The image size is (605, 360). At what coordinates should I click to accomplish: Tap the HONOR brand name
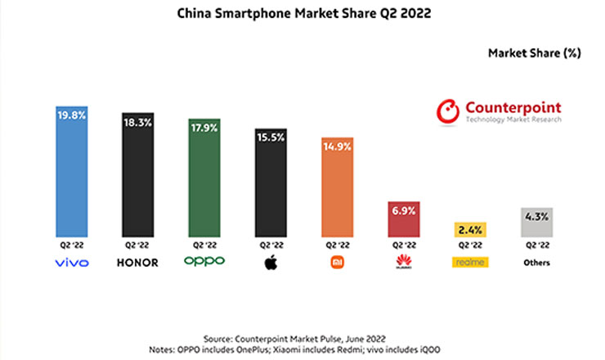tap(137, 263)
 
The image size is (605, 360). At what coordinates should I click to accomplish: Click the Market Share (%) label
tap(534, 54)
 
